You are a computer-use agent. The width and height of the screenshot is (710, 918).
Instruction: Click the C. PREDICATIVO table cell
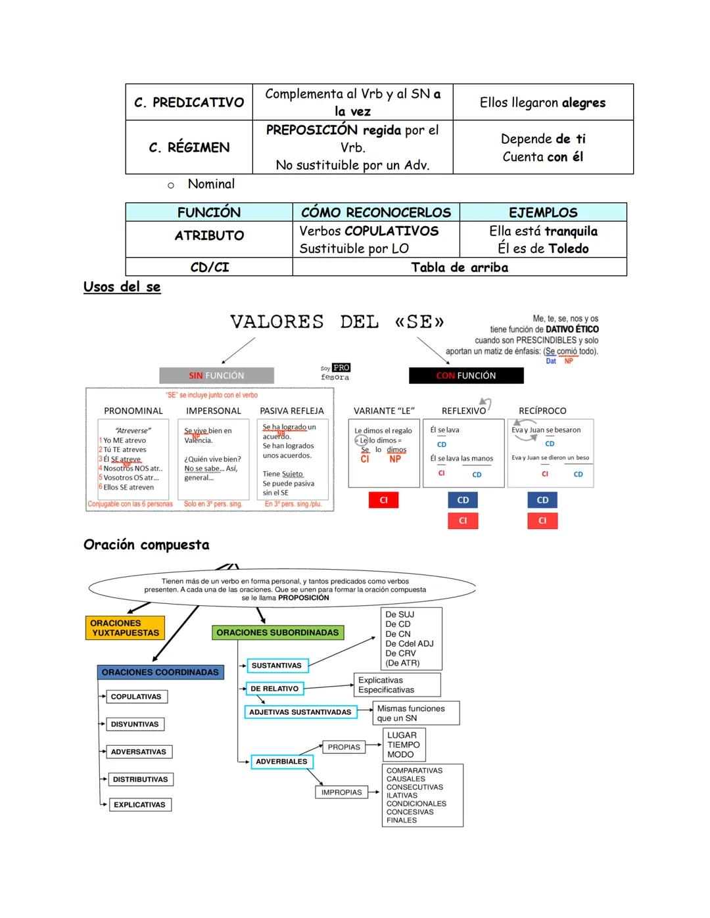click(189, 103)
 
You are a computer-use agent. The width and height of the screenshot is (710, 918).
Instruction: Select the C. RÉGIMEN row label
click(189, 147)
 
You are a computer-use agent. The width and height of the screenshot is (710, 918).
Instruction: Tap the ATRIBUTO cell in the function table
click(209, 236)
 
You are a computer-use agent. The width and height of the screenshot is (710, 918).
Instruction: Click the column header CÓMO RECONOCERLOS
click(375, 212)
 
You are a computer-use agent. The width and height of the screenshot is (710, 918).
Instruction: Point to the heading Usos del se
click(122, 287)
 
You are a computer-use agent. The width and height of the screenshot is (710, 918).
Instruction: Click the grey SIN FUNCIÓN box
click(216, 376)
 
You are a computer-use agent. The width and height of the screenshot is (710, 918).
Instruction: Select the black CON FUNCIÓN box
click(466, 376)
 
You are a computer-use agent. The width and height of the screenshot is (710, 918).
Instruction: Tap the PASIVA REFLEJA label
click(292, 411)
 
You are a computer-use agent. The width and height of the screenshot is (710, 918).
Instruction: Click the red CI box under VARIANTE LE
click(384, 500)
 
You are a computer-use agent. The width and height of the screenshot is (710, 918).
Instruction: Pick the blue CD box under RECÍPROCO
click(542, 500)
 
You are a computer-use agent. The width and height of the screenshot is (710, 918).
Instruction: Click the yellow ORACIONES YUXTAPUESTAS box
click(125, 628)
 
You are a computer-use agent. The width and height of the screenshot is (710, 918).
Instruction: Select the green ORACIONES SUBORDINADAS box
click(277, 633)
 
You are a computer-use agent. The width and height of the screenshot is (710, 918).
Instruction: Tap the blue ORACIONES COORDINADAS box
click(160, 672)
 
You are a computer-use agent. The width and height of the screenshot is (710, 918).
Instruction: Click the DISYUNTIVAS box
click(135, 724)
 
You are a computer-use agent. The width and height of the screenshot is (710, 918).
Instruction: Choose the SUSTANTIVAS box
click(277, 666)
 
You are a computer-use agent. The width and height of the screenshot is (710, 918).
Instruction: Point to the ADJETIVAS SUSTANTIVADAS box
click(300, 712)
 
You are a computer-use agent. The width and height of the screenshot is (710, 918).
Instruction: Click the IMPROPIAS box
click(341, 792)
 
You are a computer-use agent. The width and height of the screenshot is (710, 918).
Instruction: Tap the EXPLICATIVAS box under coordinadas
click(139, 805)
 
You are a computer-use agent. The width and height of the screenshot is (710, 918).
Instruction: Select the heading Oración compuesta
click(147, 545)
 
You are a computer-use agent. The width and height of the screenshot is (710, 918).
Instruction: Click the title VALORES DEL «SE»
click(337, 322)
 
